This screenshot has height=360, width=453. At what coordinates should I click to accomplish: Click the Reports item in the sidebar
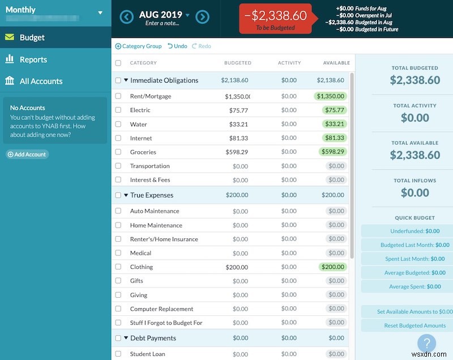click(x=33, y=59)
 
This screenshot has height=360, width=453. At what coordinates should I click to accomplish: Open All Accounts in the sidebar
click(x=41, y=82)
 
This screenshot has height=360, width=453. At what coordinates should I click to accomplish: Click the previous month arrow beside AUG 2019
click(x=127, y=16)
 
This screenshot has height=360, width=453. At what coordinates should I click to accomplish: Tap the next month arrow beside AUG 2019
click(x=202, y=16)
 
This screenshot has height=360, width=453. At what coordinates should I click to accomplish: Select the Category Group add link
click(x=139, y=46)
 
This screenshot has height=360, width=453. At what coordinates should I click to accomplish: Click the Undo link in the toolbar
click(x=178, y=46)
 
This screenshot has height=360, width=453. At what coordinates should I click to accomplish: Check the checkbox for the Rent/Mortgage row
click(x=118, y=96)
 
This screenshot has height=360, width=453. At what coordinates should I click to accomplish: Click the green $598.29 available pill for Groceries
click(x=332, y=152)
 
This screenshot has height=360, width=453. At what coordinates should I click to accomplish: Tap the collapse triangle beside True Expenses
click(x=126, y=195)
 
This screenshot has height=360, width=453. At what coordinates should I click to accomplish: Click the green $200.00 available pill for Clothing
click(x=332, y=267)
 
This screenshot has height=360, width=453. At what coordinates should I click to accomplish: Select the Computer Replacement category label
click(x=161, y=309)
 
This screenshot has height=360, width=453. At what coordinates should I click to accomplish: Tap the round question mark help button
click(x=426, y=343)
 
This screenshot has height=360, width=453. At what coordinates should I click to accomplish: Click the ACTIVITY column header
click(x=289, y=63)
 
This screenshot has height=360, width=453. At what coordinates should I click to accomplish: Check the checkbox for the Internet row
click(x=118, y=138)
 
